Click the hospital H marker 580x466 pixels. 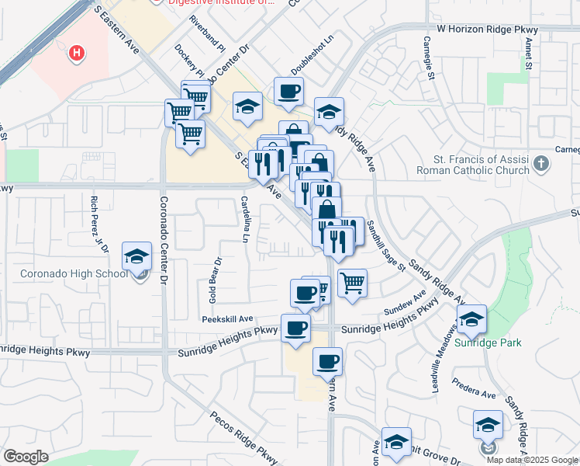pos(77,54)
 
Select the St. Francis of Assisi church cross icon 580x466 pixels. pos(541,164)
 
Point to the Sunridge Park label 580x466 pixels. pos(488,343)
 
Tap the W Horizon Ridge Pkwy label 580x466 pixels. pos(487,29)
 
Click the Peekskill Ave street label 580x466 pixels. pos(228,318)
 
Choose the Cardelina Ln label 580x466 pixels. pos(244,218)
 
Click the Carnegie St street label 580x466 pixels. pos(428,57)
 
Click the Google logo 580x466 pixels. pos(26,457)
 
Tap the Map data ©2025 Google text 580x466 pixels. pos(531,460)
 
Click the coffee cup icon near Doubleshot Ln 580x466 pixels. pos(288,92)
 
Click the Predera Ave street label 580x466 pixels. pos(478,395)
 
